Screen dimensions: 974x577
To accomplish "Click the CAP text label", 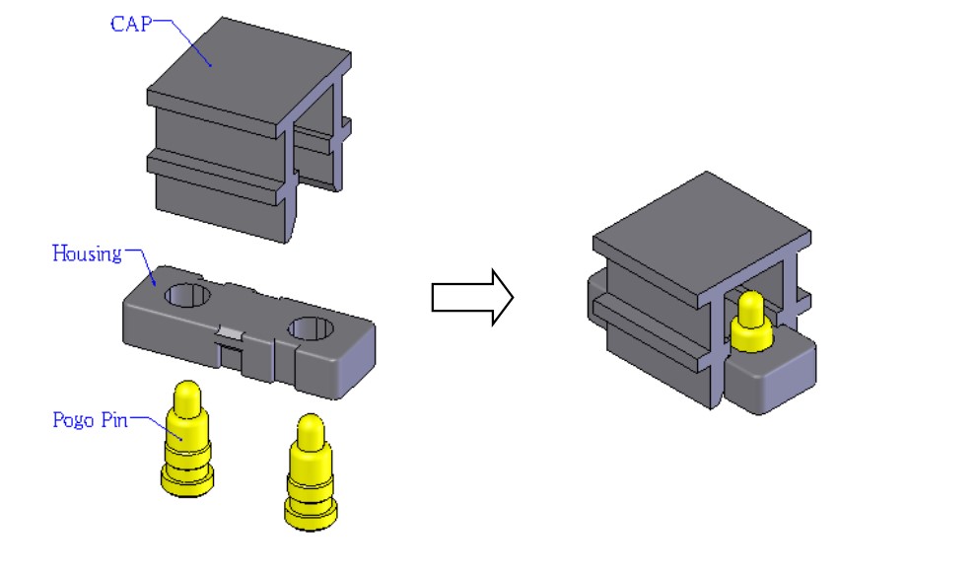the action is tap(131, 25).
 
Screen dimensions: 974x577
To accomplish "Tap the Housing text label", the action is tap(87, 253).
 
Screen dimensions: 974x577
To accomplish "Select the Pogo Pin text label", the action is tap(90, 420).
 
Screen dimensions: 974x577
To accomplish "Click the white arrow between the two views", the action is tap(472, 297).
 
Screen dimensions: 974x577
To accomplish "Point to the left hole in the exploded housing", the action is tap(187, 295).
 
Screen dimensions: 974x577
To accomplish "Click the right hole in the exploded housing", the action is tap(311, 328).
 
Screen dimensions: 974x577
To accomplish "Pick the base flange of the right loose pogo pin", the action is tap(311, 514).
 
